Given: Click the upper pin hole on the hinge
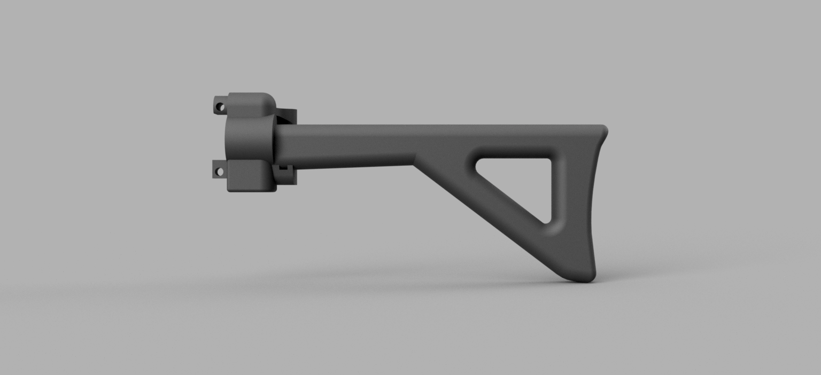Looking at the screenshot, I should (219, 107).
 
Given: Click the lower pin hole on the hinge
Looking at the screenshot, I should (219, 172).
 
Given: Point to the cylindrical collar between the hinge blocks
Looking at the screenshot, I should (249, 138).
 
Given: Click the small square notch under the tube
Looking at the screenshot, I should (282, 169).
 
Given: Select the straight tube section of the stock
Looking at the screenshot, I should (347, 145).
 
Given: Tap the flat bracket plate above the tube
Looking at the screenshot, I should (288, 115).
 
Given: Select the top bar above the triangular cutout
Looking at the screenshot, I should (513, 141).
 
